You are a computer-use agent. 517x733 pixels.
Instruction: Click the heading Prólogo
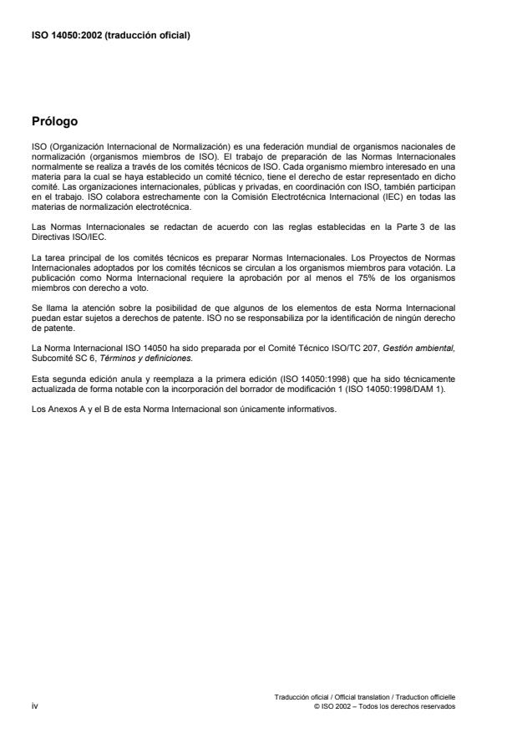[54, 122]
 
